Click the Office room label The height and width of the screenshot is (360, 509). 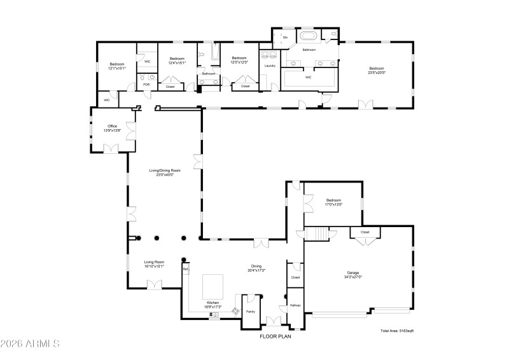pyautogui.click(x=112, y=127)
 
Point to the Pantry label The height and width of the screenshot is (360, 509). pyautogui.click(x=250, y=312)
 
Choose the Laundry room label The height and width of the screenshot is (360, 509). pyautogui.click(x=270, y=66)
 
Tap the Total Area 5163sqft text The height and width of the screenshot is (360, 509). pyautogui.click(x=397, y=331)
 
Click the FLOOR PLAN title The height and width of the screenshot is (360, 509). pyautogui.click(x=275, y=336)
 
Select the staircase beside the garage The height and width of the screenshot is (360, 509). pyautogui.click(x=316, y=234)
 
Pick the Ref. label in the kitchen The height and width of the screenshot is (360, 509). pyautogui.click(x=186, y=269)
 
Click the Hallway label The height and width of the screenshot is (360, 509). pyautogui.click(x=295, y=305)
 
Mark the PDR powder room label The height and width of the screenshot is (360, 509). pyautogui.click(x=146, y=84)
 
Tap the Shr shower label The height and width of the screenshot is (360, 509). pyautogui.click(x=285, y=38)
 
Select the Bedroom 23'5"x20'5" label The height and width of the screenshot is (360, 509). pyautogui.click(x=377, y=72)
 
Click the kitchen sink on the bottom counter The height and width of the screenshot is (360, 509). pyautogui.click(x=214, y=314)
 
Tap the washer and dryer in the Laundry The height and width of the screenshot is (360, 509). pyautogui.click(x=269, y=55)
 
